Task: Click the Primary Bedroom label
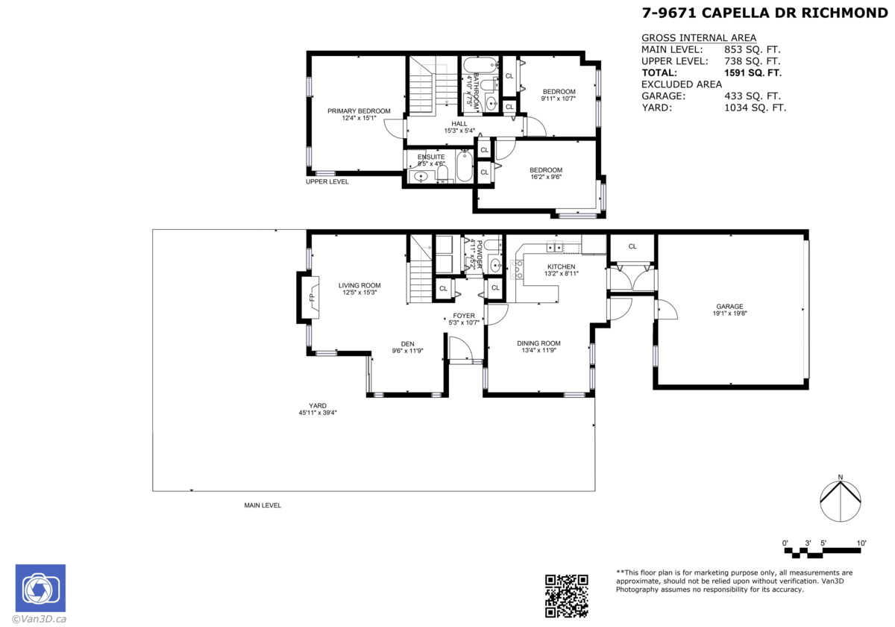pos(359,111)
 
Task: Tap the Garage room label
pos(729,306)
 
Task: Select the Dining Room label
pos(538,343)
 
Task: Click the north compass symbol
pos(841,500)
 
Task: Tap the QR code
pos(567,596)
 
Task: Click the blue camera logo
pos(40,588)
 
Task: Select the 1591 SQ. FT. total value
pos(753,73)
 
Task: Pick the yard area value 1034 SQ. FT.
pos(755,107)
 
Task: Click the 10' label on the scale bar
pos(861,543)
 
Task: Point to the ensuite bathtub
pos(465,166)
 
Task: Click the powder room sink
pos(495,265)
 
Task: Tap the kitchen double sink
pos(555,248)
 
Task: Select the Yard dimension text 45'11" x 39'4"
pos(318,413)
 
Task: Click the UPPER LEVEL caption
pos(327,181)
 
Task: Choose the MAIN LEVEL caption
pos(263,505)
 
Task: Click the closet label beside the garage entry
pos(632,246)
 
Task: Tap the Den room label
pos(407,344)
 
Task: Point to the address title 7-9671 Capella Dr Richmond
pos(764,13)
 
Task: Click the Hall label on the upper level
pos(459,124)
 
